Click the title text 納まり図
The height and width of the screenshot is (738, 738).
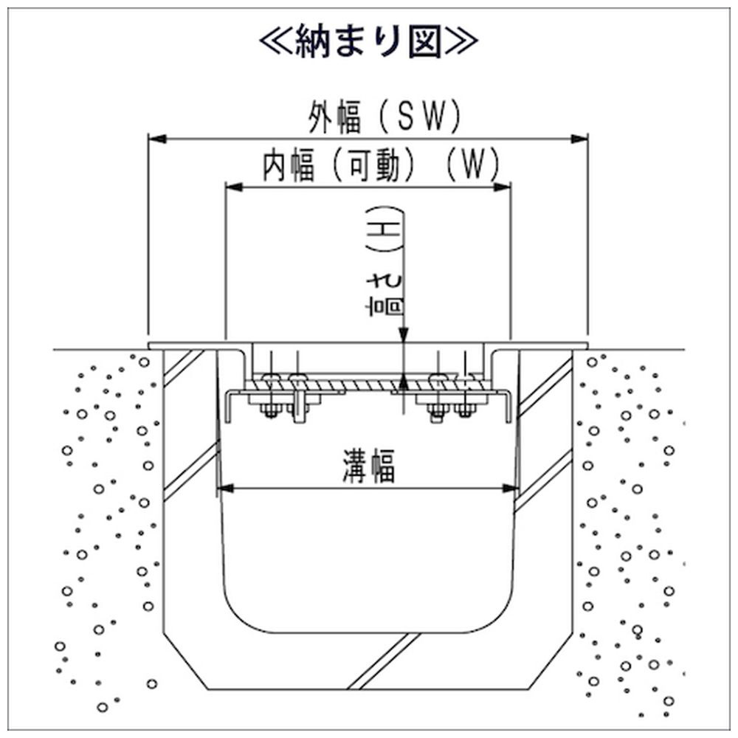[x=369, y=42]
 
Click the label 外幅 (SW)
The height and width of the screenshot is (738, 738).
[x=384, y=117]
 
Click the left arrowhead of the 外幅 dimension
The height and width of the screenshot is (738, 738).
[x=155, y=138]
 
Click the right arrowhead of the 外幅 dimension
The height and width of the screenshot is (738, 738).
[x=582, y=138]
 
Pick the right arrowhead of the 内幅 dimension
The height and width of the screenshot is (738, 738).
[x=505, y=187]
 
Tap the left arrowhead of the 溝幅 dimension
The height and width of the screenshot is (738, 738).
[x=223, y=488]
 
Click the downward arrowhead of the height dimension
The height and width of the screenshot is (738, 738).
[x=403, y=337]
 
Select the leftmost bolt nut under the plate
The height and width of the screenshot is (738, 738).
[x=269, y=410]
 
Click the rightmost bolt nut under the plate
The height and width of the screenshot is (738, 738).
[x=463, y=410]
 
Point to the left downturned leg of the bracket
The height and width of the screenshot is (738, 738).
[x=229, y=407]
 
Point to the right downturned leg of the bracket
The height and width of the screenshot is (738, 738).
[x=507, y=407]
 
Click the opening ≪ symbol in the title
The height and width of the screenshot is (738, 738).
[x=276, y=42]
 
